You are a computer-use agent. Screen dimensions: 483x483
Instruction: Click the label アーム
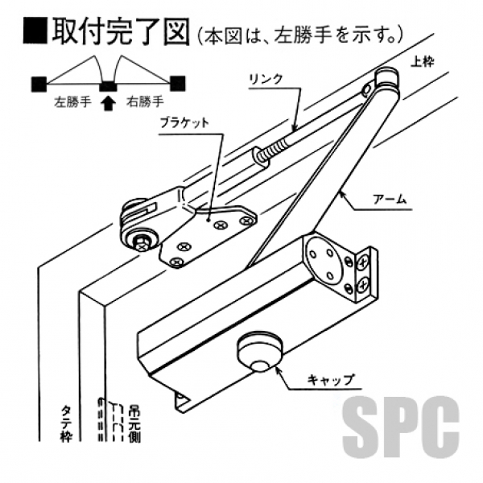(x=392, y=199)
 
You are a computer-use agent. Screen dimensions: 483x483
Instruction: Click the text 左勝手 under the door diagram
(x=72, y=103)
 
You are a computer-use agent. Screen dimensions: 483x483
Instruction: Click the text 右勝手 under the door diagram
(x=145, y=103)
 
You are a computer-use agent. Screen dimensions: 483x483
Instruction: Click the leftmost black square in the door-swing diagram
(x=39, y=82)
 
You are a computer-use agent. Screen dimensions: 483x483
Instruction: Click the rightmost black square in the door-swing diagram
(x=178, y=82)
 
